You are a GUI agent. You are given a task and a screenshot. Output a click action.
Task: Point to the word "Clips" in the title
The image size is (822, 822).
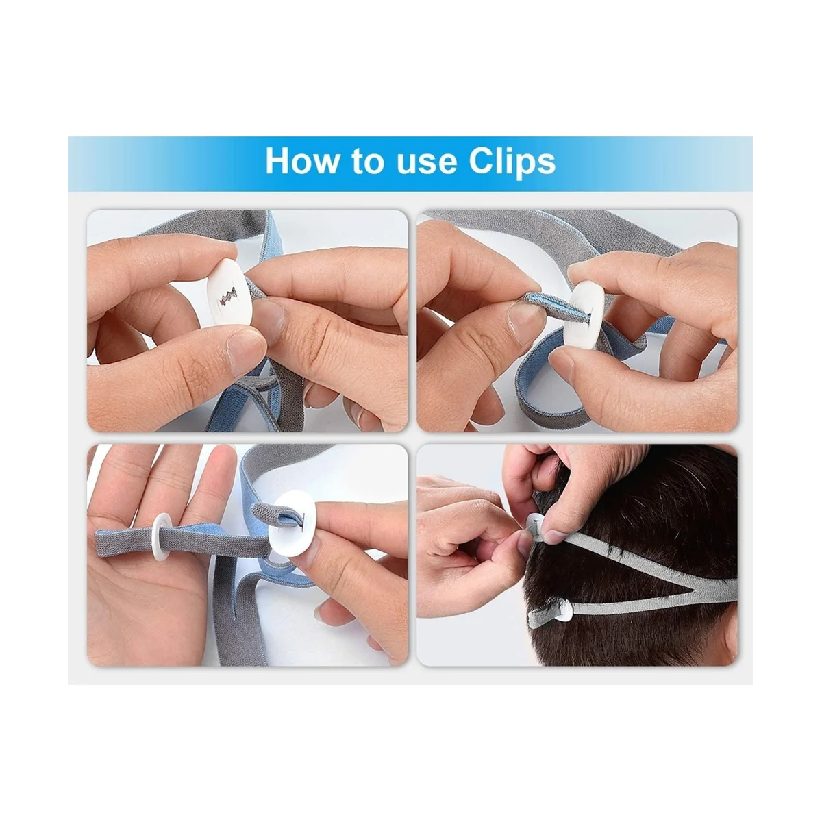512,161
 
